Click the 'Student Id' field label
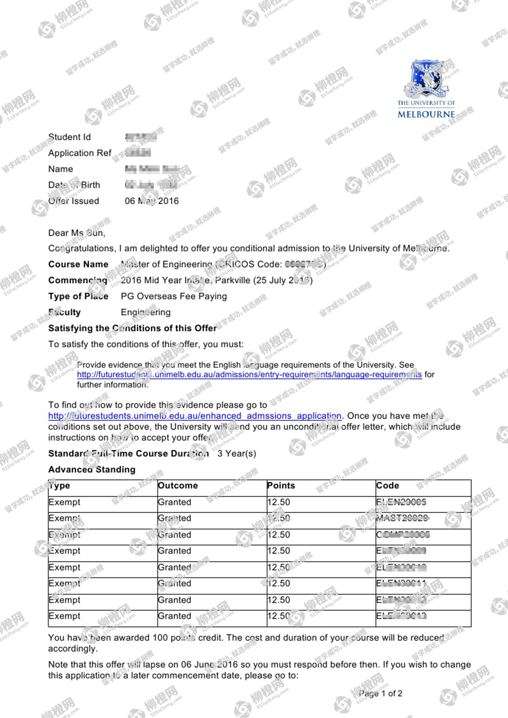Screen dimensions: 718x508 point(69,137)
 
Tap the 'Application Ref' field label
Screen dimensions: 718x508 point(80,153)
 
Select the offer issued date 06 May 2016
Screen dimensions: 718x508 point(152,201)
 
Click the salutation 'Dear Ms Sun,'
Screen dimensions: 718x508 point(77,233)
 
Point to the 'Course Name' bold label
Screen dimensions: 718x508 point(78,264)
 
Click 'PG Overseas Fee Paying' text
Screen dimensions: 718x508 point(174,296)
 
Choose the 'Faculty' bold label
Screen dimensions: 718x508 point(65,312)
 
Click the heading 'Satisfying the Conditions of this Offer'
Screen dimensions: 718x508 point(132,328)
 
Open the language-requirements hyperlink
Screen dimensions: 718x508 point(249,375)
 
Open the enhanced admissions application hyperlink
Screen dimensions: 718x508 point(195,416)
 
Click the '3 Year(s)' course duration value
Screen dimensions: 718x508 point(237,454)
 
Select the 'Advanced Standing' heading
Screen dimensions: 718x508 point(92,470)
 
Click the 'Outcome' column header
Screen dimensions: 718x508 point(178,486)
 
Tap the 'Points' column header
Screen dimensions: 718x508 point(281,486)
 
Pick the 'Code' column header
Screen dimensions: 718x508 point(388,486)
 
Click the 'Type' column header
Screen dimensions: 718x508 point(60,486)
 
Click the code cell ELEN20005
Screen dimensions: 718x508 point(401,502)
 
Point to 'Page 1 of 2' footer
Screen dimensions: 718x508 point(381,694)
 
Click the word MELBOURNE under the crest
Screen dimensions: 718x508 point(426,114)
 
